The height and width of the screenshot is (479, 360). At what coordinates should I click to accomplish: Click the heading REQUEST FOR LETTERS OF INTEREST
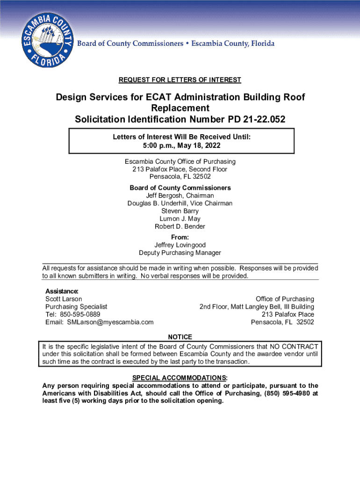point(180,80)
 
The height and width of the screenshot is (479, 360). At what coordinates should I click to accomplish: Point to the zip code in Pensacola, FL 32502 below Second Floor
point(202,177)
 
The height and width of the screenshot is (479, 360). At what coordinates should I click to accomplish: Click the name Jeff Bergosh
point(180,196)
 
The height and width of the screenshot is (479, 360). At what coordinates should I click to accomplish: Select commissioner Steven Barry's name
point(180,211)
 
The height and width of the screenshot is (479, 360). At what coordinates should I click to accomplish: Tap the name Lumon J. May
point(180,219)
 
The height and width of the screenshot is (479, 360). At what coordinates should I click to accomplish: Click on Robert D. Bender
point(180,226)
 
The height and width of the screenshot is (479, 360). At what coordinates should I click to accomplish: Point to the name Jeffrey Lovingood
point(180,245)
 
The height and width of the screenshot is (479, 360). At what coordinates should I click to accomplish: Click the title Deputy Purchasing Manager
point(180,253)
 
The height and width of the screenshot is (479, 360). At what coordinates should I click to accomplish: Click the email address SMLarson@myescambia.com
point(110,322)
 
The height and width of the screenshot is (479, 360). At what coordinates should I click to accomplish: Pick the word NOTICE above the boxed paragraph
point(180,337)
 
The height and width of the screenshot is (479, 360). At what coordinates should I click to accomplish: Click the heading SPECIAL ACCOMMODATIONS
point(180,378)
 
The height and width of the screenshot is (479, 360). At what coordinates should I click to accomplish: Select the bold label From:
point(180,238)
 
